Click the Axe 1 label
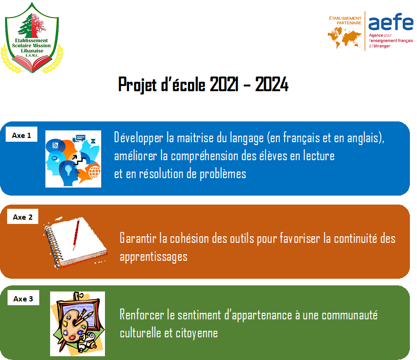[22, 136]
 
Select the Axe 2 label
[23, 217]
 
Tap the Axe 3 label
[23, 299]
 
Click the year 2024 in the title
[271, 86]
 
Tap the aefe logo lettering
[390, 22]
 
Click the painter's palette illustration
[75, 322]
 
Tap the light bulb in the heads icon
[68, 169]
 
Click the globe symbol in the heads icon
[94, 171]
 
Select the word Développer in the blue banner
[139, 138]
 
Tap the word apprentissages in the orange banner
[153, 257]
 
